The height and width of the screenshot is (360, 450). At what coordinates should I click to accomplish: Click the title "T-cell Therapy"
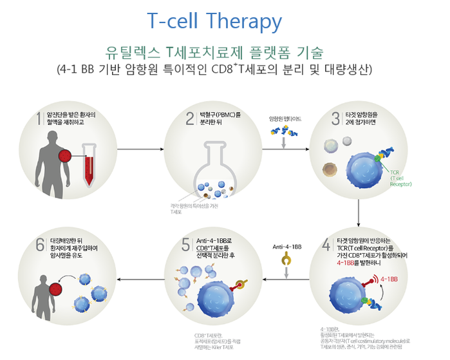tap(214, 21)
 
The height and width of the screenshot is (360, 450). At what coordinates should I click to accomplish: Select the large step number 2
tap(190, 118)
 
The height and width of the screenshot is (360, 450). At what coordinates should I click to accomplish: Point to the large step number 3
tap(335, 118)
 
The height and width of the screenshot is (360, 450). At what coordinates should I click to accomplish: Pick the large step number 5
tap(185, 245)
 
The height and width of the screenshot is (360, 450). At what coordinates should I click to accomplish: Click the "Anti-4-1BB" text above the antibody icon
tap(286, 246)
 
